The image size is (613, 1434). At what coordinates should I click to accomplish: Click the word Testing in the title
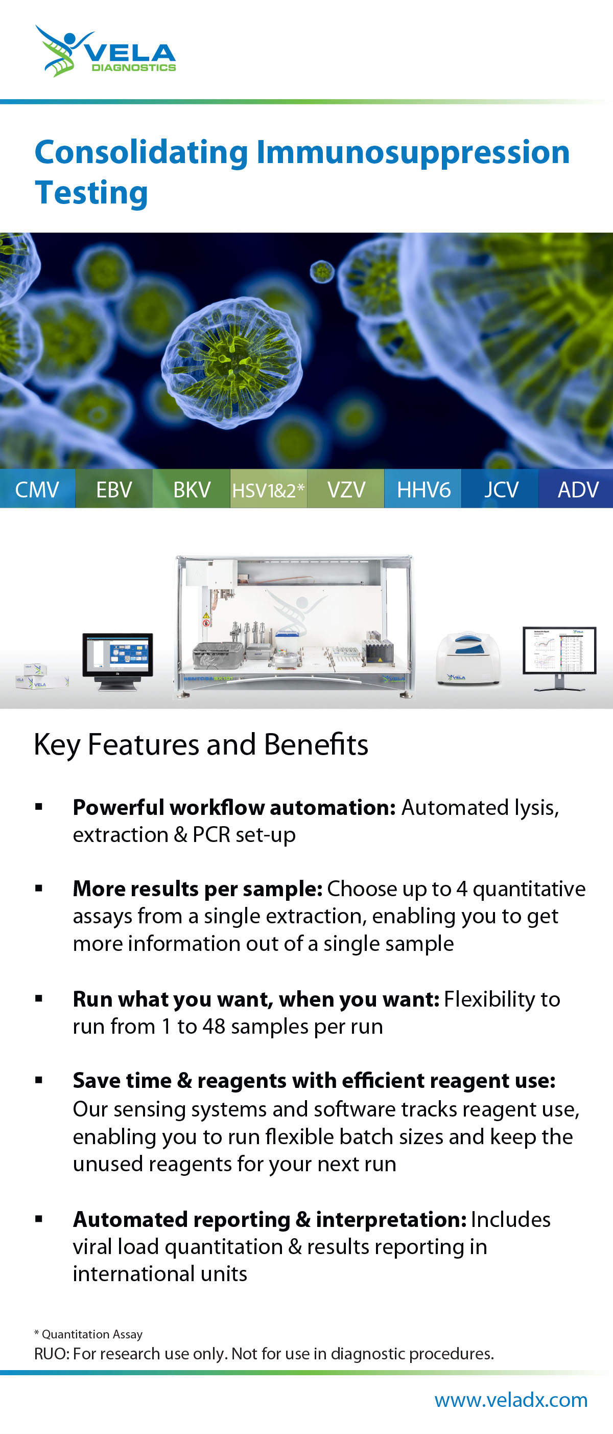tap(91, 193)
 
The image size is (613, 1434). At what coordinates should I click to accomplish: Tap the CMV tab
tap(37, 489)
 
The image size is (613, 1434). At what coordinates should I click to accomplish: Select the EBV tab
tap(114, 489)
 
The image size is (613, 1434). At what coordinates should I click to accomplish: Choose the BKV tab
tap(192, 489)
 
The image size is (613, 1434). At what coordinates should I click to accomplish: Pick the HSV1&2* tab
tap(269, 489)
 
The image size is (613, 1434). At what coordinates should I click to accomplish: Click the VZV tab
tap(346, 489)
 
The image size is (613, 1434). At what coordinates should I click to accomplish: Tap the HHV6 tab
tap(423, 489)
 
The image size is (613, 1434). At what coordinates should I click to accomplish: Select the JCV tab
tap(501, 489)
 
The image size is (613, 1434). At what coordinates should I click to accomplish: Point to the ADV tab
tap(577, 489)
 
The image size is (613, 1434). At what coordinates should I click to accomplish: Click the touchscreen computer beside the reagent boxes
tap(117, 662)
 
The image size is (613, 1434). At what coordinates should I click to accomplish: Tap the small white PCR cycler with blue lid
tap(468, 658)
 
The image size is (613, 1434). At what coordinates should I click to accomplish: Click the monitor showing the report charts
tap(559, 658)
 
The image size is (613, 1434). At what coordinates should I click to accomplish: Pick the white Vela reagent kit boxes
tap(42, 675)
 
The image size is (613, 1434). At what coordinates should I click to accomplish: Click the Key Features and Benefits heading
tap(201, 744)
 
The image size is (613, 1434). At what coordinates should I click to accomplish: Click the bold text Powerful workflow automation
tap(234, 807)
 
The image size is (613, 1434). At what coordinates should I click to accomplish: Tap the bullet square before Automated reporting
tap(39, 1218)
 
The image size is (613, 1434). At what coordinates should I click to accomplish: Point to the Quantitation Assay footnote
tap(88, 1334)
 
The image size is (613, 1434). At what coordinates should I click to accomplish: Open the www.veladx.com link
tap(511, 1399)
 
